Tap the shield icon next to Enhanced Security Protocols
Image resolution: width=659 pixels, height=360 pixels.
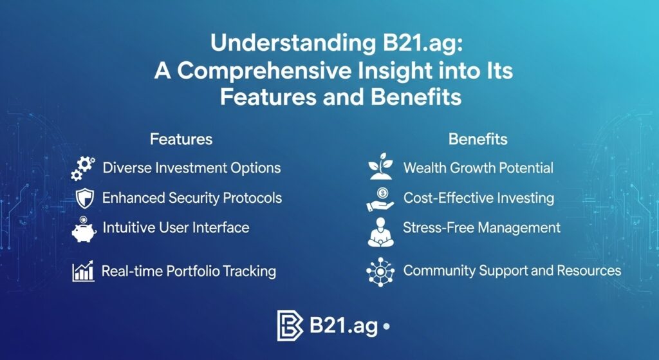tap(84, 198)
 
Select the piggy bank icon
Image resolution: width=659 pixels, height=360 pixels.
tap(84, 229)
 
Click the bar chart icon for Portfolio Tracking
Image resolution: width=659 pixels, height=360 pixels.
tap(84, 271)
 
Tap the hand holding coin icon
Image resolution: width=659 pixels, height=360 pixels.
tap(380, 199)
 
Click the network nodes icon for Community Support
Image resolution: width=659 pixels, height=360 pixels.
tap(380, 271)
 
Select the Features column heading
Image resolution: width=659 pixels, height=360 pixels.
tap(181, 138)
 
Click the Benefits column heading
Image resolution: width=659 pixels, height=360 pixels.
tap(478, 138)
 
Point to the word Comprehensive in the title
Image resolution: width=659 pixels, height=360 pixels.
tap(251, 71)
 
